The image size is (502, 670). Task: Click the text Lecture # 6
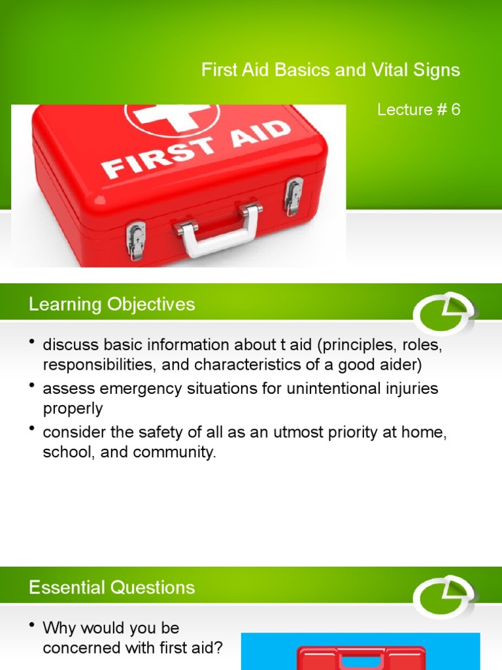click(x=418, y=110)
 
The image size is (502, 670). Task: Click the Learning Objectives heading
click(x=111, y=304)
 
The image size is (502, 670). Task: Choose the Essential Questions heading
click(x=111, y=588)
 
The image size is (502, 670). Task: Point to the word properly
click(x=73, y=408)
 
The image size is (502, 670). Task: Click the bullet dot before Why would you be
click(x=31, y=626)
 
